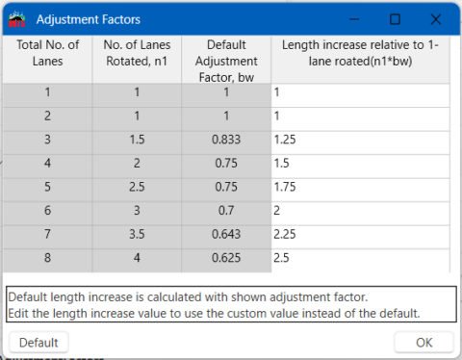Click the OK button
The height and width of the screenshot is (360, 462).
point(423,342)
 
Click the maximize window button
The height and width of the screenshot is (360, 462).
point(395,18)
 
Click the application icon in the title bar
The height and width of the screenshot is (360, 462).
point(17,18)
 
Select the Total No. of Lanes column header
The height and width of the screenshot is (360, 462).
point(46,54)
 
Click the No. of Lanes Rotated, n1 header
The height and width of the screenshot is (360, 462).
point(136,54)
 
